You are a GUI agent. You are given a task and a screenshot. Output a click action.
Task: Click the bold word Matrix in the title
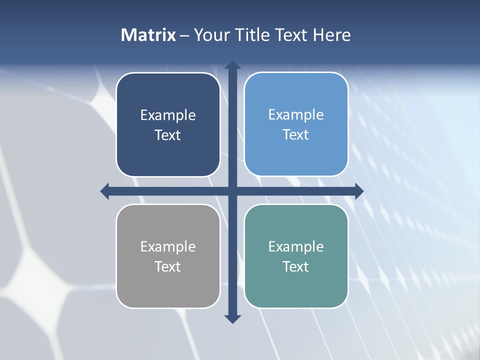148,35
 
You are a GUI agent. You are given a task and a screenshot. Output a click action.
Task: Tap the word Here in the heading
331,35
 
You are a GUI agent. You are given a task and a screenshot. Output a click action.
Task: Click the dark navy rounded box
168,124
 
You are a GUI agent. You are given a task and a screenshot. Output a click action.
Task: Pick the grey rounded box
168,256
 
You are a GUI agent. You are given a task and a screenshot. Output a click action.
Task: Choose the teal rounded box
296,256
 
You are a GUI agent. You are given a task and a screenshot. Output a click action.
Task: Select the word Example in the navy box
168,115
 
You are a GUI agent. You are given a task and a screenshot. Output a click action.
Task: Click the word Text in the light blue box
296,135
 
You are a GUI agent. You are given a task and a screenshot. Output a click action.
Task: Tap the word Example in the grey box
168,247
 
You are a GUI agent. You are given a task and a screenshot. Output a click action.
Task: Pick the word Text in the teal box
296,267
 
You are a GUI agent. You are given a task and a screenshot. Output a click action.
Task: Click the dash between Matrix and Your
184,35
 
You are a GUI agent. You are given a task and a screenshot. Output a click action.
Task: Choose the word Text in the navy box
168,135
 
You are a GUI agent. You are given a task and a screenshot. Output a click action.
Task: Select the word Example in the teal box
296,247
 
